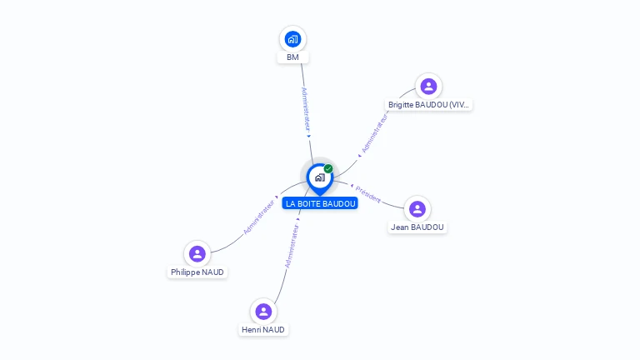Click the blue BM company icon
tap(292, 38)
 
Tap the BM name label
tap(292, 57)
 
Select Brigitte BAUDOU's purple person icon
tap(428, 86)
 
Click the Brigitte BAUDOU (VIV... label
tap(429, 105)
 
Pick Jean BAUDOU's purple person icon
tap(417, 208)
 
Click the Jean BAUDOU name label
tap(417, 227)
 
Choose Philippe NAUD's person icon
tap(197, 253)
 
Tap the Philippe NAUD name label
tap(197, 272)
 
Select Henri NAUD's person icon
tap(263, 311)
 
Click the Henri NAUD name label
tap(263, 330)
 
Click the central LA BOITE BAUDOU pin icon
tap(319, 177)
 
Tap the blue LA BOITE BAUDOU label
tap(320, 203)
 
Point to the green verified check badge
tap(328, 168)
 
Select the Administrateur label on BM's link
tap(305, 111)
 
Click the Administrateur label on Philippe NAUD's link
tap(259, 217)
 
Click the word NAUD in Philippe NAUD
tap(213, 272)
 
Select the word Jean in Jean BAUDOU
tap(399, 227)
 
